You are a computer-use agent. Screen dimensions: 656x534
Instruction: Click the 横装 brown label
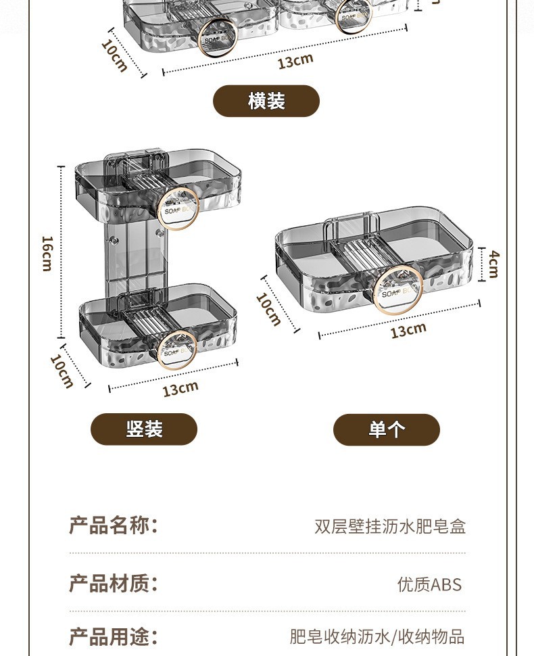tap(266, 101)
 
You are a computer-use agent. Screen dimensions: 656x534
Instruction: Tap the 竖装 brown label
tap(144, 429)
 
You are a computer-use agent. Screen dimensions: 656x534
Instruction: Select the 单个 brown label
tap(386, 429)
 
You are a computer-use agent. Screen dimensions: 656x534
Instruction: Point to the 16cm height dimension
tap(47, 253)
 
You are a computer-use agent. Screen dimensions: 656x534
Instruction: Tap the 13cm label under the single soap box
tap(408, 330)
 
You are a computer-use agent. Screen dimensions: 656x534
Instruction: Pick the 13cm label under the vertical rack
tap(180, 388)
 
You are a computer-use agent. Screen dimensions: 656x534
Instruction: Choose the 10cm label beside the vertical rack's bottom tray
tap(62, 371)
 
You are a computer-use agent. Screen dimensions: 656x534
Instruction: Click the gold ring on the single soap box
tap(397, 293)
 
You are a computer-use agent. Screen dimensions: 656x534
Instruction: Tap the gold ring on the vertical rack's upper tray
tap(178, 208)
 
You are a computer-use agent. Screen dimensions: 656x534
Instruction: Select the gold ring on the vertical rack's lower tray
tap(177, 350)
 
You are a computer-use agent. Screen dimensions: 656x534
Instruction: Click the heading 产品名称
tap(114, 525)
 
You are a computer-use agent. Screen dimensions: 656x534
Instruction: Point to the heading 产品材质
tap(114, 583)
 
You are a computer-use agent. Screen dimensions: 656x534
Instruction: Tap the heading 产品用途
tap(114, 636)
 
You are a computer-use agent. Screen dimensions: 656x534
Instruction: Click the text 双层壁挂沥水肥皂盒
tap(390, 527)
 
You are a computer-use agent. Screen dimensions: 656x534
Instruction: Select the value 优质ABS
tap(429, 584)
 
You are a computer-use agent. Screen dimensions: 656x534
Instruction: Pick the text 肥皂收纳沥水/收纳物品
tap(377, 636)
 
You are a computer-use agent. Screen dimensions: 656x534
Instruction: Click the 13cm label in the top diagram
tap(295, 60)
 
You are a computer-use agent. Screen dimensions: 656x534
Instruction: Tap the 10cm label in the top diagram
tap(114, 55)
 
